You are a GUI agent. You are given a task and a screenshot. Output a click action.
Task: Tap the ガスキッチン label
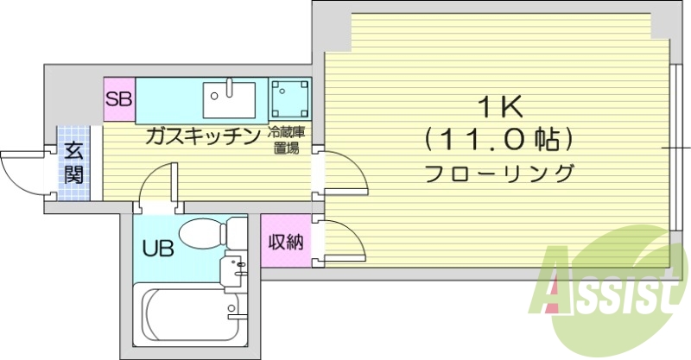click(202, 136)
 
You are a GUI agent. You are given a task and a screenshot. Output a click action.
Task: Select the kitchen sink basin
click(229, 102)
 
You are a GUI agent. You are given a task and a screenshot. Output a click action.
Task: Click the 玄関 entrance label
click(73, 163)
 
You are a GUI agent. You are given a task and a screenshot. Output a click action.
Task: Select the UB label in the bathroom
click(158, 249)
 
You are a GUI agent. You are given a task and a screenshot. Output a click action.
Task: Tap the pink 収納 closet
click(284, 243)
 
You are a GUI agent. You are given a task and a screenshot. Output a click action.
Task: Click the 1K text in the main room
click(498, 108)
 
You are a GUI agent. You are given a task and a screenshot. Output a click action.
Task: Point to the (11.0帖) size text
click(498, 138)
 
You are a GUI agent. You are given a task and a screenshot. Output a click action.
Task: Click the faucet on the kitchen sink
click(230, 87)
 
